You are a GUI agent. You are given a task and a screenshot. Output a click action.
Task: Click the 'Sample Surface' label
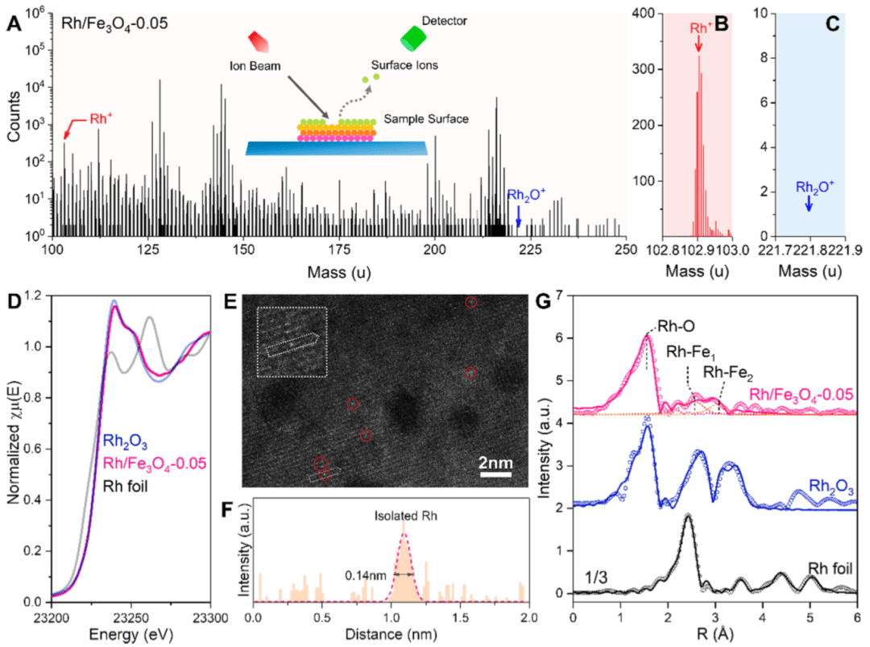tap(428, 118)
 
